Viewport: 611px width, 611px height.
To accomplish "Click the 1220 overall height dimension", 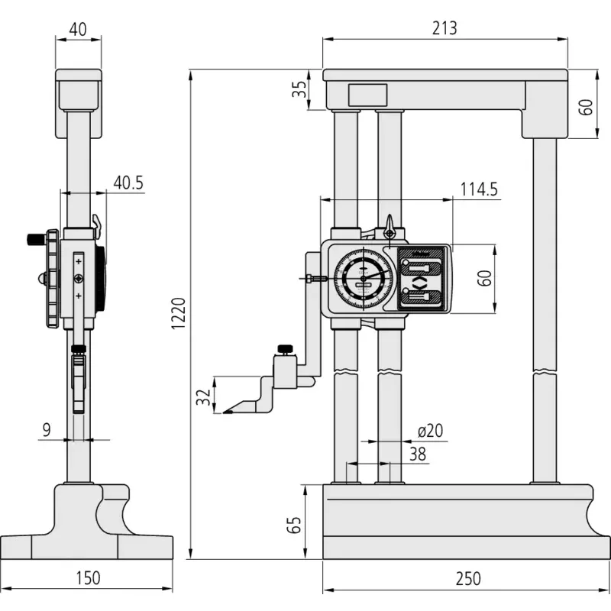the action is (x=179, y=314).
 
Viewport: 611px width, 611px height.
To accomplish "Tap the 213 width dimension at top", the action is (x=445, y=28).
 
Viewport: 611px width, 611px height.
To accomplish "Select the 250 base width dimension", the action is (x=468, y=579).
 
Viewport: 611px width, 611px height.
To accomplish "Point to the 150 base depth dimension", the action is (x=88, y=578).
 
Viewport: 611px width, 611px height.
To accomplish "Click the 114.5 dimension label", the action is (x=479, y=189).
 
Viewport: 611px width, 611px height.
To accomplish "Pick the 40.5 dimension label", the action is (x=128, y=183).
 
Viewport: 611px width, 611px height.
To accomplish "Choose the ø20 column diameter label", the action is (x=430, y=431).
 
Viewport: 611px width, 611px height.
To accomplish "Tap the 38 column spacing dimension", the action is (x=418, y=454).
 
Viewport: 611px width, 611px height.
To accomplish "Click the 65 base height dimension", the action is (x=294, y=525).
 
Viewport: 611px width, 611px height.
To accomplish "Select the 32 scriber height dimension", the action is (x=203, y=397).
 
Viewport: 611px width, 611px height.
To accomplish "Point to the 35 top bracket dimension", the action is (x=299, y=89).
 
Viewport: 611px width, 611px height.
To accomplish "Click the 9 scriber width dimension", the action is (x=47, y=430).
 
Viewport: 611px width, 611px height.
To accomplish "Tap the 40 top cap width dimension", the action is (x=78, y=30).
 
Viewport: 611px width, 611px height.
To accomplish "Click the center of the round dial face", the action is (x=364, y=279).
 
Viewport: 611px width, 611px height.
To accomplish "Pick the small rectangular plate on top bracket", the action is (x=367, y=95).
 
